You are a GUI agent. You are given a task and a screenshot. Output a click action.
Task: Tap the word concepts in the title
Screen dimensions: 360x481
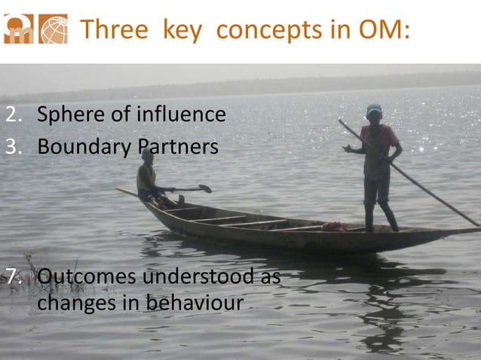257,30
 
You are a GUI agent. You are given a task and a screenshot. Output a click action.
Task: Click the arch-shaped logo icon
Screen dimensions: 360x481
18,29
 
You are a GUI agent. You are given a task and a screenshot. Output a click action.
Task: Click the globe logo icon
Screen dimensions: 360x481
53,29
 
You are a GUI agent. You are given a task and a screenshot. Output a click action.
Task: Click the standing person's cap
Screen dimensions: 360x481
374,110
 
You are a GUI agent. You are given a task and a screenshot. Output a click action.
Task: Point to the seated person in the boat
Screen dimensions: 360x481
147,179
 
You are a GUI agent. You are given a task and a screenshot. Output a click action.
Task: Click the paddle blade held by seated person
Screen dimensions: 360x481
203,188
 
